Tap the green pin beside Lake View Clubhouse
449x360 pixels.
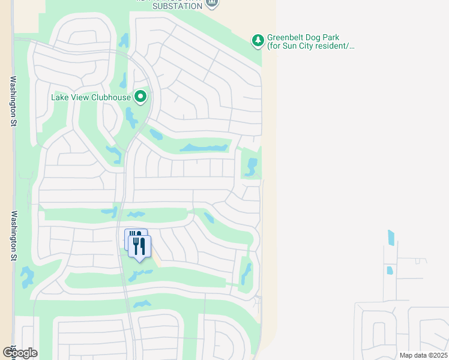pyautogui.click(x=140, y=96)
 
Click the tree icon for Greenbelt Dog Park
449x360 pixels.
pyautogui.click(x=258, y=40)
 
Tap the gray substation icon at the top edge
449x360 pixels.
pyautogui.click(x=211, y=3)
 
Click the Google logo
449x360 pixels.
pyautogui.click(x=20, y=353)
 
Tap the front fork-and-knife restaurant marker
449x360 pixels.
pyautogui.click(x=140, y=246)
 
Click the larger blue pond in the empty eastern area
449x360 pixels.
pyautogui.click(x=391, y=237)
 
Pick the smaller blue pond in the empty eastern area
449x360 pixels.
pyautogui.click(x=390, y=270)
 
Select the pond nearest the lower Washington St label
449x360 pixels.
pyautogui.click(x=27, y=277)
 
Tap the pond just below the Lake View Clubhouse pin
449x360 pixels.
pyautogui.click(x=131, y=118)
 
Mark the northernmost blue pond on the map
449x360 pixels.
pyautogui.click(x=124, y=40)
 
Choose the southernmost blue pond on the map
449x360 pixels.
pyautogui.click(x=142, y=304)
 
